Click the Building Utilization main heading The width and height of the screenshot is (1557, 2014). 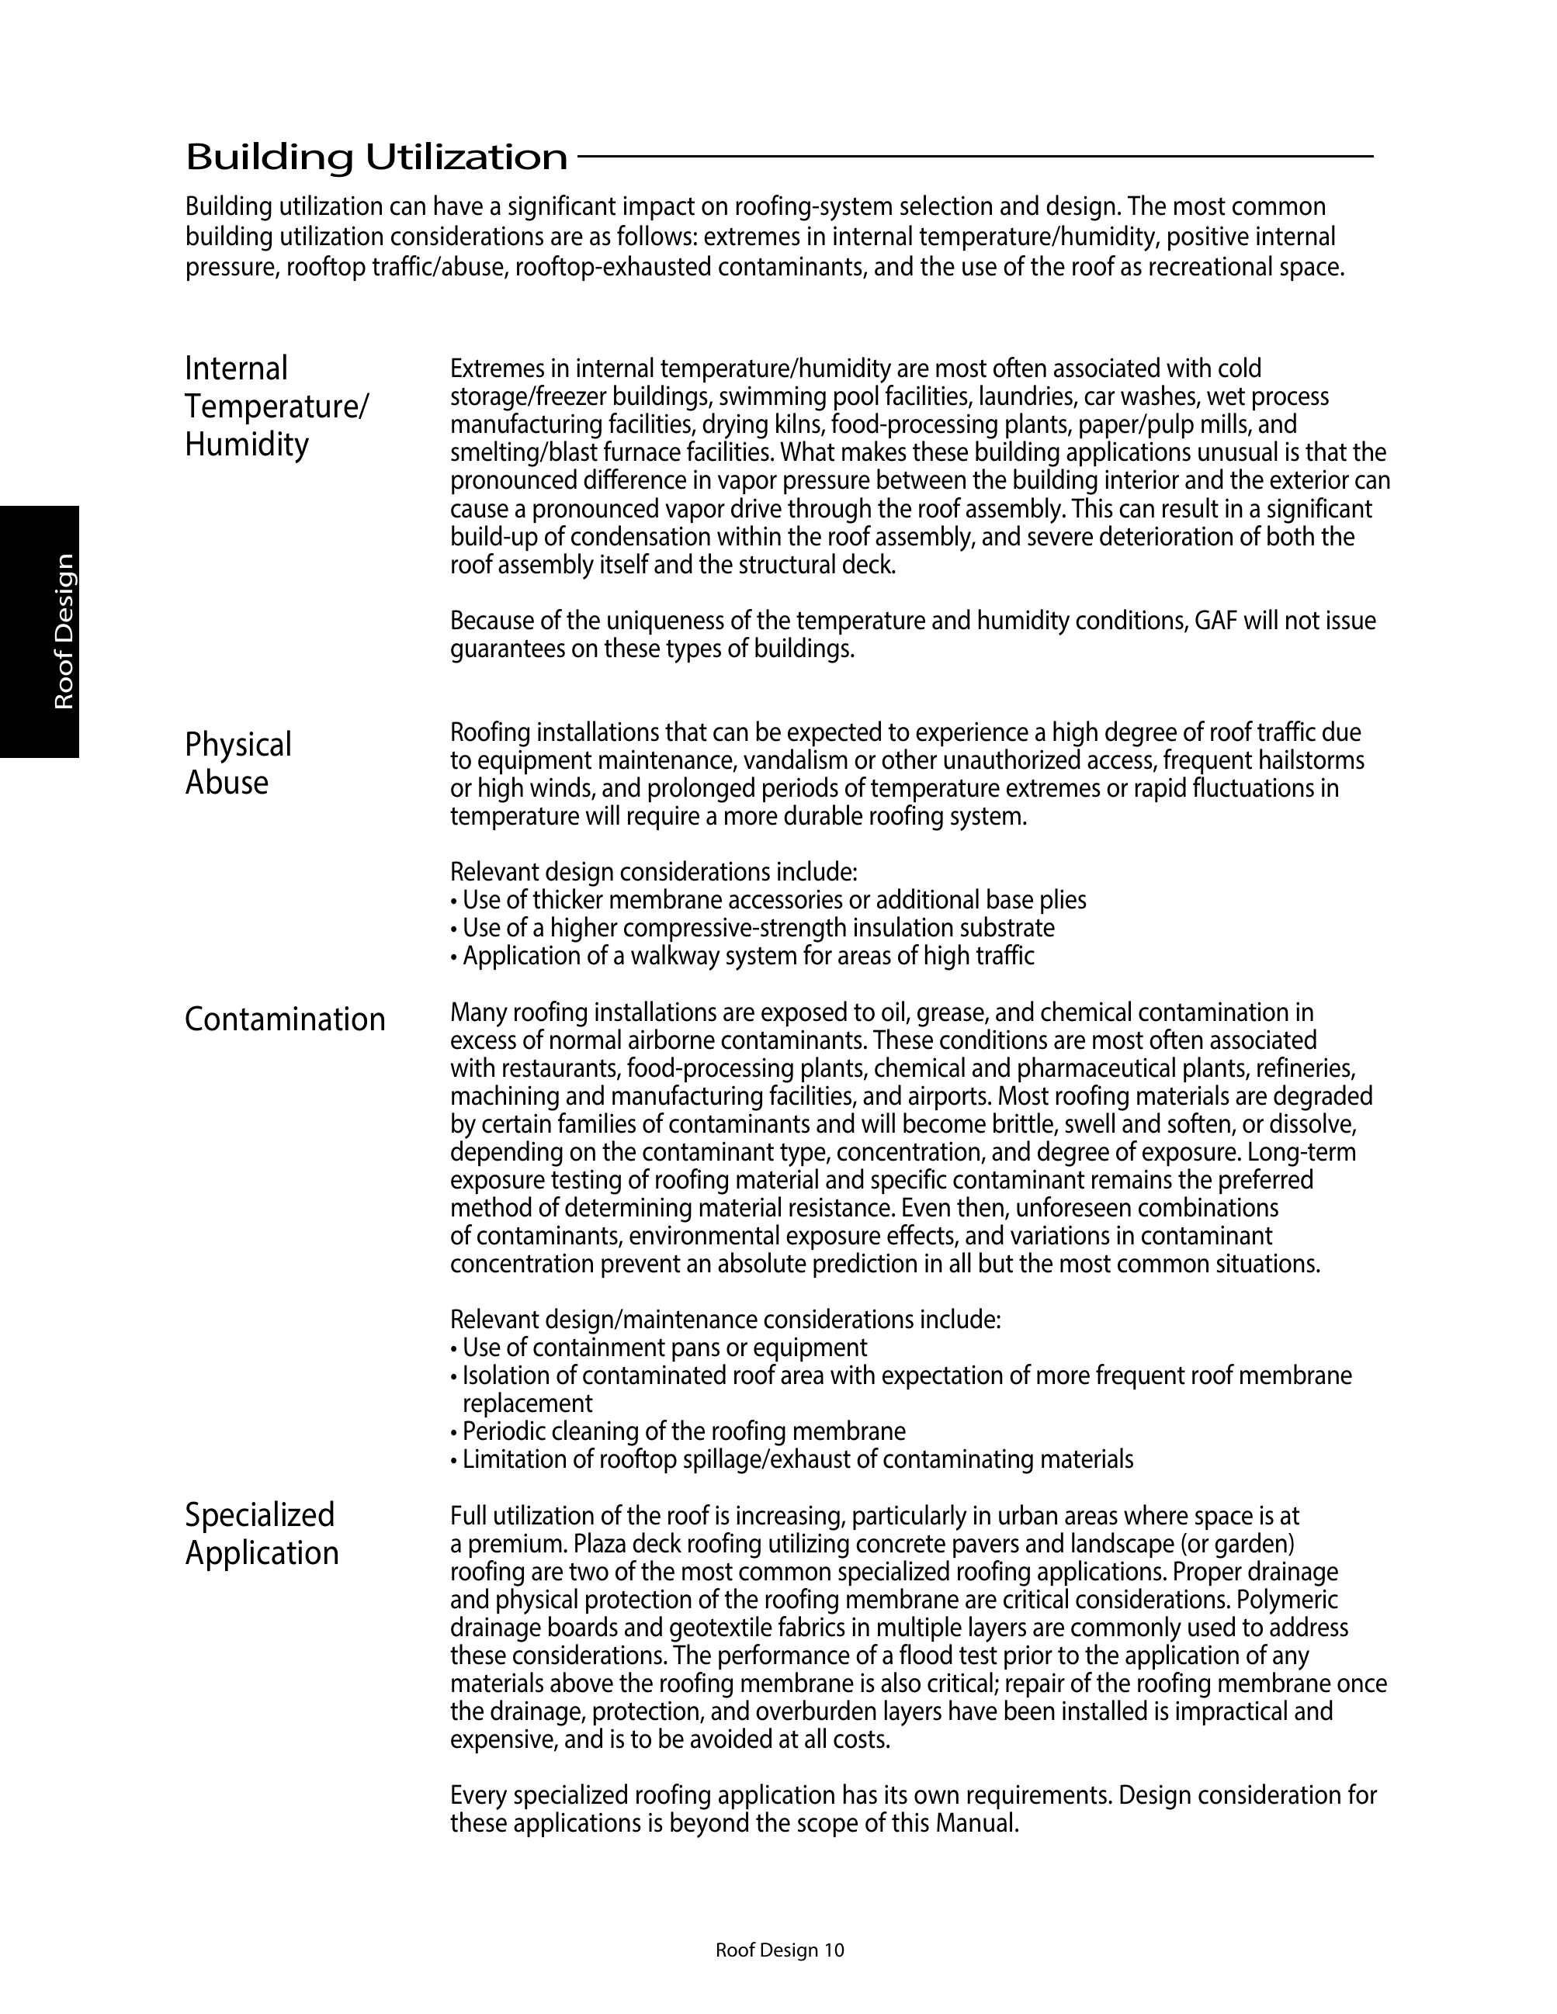point(376,157)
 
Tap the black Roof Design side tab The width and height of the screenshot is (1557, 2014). point(40,631)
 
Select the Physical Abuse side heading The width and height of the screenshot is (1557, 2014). point(238,763)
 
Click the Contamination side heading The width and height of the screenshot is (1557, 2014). point(285,1019)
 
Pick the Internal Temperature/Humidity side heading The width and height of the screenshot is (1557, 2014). point(277,406)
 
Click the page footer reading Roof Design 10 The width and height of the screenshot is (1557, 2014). point(779,1950)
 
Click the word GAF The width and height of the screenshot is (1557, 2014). point(1215,621)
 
